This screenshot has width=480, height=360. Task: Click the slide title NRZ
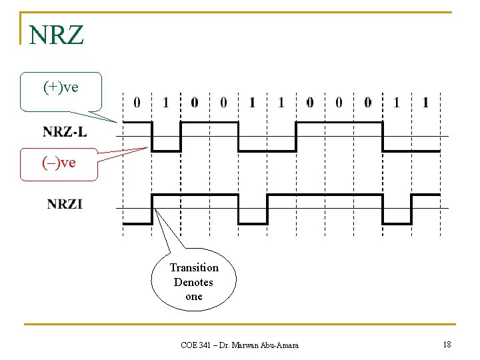click(57, 34)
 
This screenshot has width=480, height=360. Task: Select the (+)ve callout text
click(61, 87)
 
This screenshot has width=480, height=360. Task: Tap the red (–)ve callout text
click(59, 162)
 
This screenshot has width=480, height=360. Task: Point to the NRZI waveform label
click(65, 203)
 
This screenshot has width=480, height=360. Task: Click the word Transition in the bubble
click(194, 267)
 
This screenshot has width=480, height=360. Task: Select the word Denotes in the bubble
click(193, 282)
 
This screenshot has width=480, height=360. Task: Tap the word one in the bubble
click(194, 297)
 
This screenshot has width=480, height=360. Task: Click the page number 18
click(447, 344)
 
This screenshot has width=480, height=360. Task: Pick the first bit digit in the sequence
click(137, 103)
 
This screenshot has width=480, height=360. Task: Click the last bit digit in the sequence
click(425, 103)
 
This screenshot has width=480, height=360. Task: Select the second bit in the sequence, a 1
click(166, 103)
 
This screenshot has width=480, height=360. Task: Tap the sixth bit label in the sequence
click(281, 103)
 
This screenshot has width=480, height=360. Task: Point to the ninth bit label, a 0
click(367, 103)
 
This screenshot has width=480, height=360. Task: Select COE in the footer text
click(189, 345)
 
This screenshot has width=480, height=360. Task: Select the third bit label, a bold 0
click(195, 103)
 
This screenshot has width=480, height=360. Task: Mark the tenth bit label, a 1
click(397, 103)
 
